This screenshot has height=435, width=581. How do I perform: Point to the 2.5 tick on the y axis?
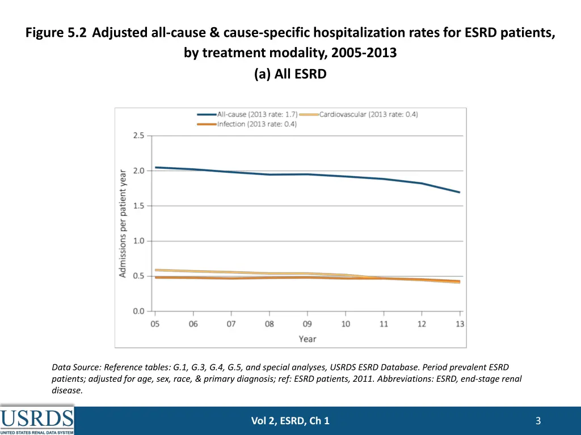click(x=138, y=136)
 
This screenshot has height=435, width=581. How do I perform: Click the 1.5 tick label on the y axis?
click(x=138, y=206)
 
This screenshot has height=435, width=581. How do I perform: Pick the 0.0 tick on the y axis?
click(x=138, y=312)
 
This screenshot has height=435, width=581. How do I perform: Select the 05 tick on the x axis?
click(x=155, y=324)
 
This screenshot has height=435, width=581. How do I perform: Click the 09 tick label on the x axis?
click(x=308, y=324)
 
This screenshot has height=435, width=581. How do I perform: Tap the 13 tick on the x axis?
click(x=460, y=324)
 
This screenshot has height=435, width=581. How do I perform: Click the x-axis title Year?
click(x=308, y=339)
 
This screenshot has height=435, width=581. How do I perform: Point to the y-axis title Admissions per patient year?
click(x=123, y=224)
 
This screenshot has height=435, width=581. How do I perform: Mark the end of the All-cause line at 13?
click(x=460, y=192)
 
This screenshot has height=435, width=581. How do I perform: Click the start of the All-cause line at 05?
click(x=156, y=167)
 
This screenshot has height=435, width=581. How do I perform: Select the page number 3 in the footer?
click(x=538, y=421)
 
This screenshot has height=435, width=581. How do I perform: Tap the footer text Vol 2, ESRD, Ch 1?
click(x=290, y=421)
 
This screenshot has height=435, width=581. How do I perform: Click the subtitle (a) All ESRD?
click(x=290, y=74)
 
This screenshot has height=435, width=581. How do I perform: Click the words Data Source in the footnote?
click(x=74, y=367)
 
